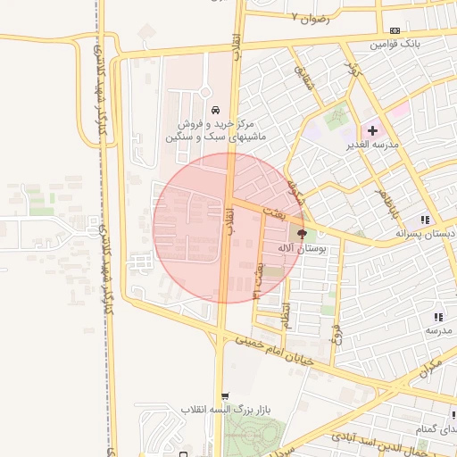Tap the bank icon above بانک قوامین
[x=395, y=30]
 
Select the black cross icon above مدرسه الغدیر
[x=372, y=130]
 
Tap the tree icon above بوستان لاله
[x=295, y=232]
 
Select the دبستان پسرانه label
[x=428, y=233]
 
